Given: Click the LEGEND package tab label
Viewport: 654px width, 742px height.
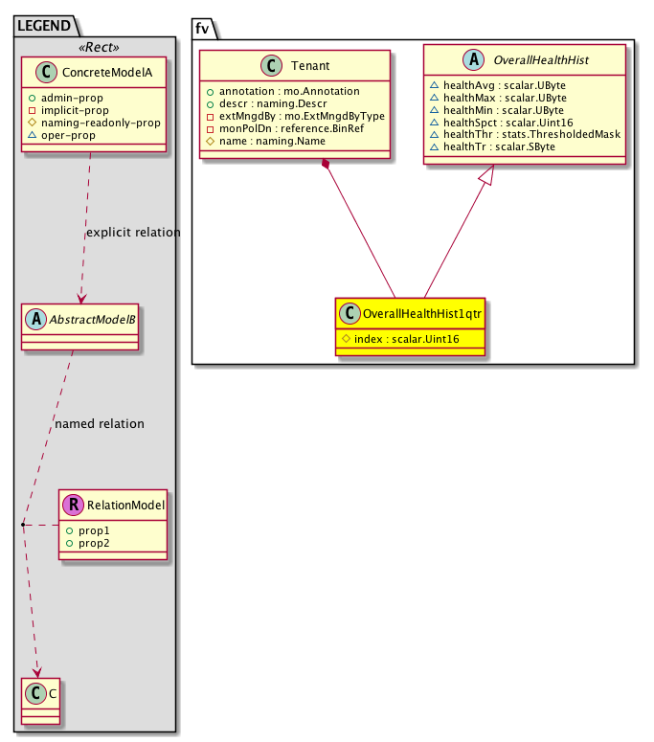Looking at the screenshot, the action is [44, 26].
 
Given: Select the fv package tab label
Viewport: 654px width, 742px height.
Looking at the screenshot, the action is [202, 29].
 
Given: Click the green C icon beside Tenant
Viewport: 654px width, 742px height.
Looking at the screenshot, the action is [271, 65].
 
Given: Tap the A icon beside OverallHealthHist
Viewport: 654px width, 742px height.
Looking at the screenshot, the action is [473, 59].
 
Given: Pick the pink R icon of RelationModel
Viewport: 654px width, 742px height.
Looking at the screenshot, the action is [74, 505].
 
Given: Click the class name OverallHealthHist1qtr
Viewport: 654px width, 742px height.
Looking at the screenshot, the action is [422, 314].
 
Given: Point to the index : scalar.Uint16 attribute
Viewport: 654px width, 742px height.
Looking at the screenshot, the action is [407, 339].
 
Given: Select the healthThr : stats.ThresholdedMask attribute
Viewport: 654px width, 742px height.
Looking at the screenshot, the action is [531, 134].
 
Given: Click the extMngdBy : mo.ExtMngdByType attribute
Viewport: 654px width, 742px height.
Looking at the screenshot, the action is [302, 116].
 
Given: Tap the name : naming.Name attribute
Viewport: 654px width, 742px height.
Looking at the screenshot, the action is [272, 141].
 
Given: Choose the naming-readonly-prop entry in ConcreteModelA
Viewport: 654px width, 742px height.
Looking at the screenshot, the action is [101, 124].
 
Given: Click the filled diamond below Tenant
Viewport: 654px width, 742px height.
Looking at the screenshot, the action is [326, 165].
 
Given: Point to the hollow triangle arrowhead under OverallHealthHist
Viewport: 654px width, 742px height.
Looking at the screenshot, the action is [487, 175].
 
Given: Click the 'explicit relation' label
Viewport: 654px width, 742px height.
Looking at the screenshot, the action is [133, 233].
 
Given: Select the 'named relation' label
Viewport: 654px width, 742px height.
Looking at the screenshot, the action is [100, 423].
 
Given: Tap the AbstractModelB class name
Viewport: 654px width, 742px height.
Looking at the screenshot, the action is [92, 320].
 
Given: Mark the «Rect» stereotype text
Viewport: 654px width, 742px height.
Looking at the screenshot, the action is [99, 47].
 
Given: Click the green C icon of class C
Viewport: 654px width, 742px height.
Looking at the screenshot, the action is [35, 693].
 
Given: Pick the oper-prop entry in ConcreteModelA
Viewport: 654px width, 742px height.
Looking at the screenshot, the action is [68, 135].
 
